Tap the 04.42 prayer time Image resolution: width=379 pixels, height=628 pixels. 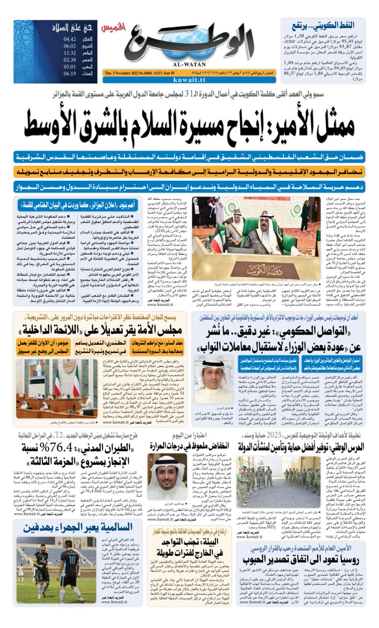70,39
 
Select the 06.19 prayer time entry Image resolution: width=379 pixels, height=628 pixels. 70,73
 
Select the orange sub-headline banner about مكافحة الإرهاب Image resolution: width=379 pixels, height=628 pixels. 189,172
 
